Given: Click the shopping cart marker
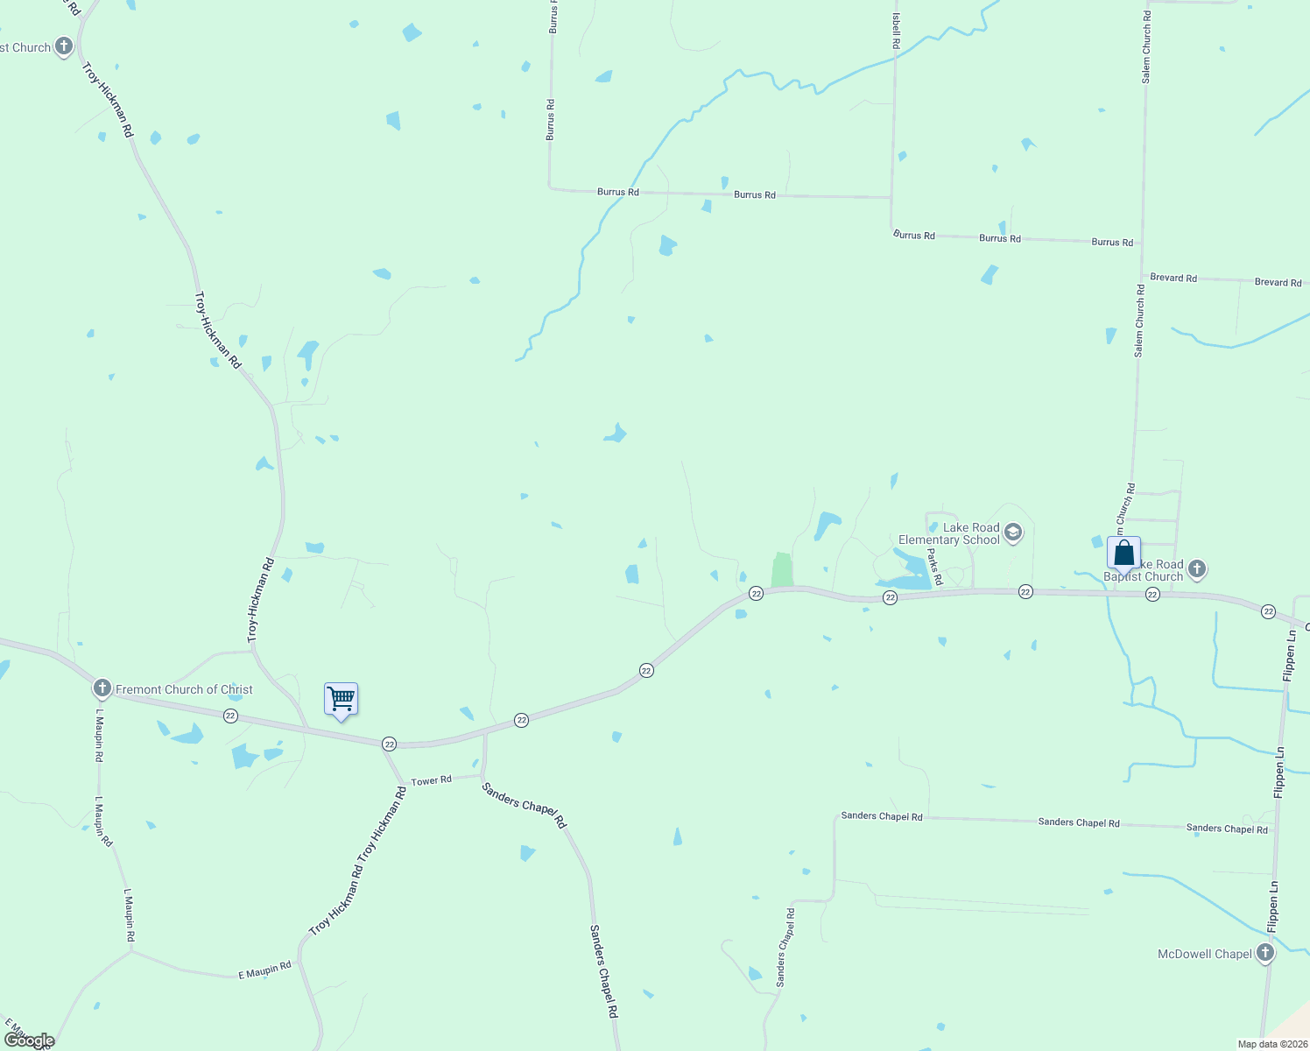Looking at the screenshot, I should [x=341, y=700].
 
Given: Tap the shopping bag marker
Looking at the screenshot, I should [x=1123, y=554].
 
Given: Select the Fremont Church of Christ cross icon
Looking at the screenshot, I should [x=102, y=688].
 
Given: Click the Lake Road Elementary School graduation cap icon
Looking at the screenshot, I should [x=1013, y=533].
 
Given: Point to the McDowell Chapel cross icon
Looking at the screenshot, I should [x=1264, y=953].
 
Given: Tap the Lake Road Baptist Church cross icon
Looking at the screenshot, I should [x=1197, y=569].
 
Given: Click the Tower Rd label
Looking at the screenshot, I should [x=432, y=780].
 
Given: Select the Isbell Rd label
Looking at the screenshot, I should [x=896, y=31].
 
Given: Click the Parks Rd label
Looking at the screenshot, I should [x=933, y=568].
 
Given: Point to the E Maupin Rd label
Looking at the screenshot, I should [x=264, y=970].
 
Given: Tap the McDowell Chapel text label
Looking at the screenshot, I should [x=1204, y=954].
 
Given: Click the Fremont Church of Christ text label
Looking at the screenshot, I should [x=184, y=689].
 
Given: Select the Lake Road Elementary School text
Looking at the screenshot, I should [x=949, y=533].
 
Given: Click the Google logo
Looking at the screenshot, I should [x=28, y=1040].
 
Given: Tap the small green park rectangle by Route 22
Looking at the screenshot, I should [x=782, y=569].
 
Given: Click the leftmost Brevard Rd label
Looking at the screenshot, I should [x=1173, y=278].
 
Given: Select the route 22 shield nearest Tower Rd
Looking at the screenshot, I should [x=389, y=744].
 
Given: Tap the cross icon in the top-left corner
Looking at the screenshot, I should [x=63, y=46].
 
